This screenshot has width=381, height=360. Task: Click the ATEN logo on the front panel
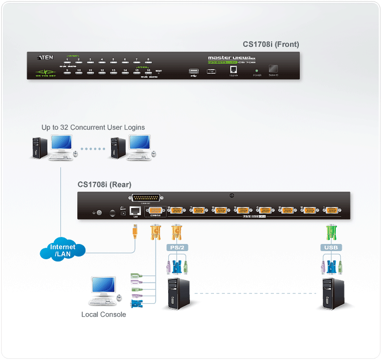point(45,57)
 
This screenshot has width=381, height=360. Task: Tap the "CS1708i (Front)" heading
point(271,45)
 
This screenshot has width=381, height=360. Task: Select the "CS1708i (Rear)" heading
point(104,185)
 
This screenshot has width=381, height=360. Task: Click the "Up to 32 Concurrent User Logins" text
point(93,127)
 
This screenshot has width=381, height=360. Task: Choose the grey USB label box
point(330,248)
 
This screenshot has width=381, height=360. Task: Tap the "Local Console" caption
point(103,314)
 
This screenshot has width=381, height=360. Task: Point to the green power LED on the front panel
point(256,70)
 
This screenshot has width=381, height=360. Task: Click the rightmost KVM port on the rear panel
point(330,210)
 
